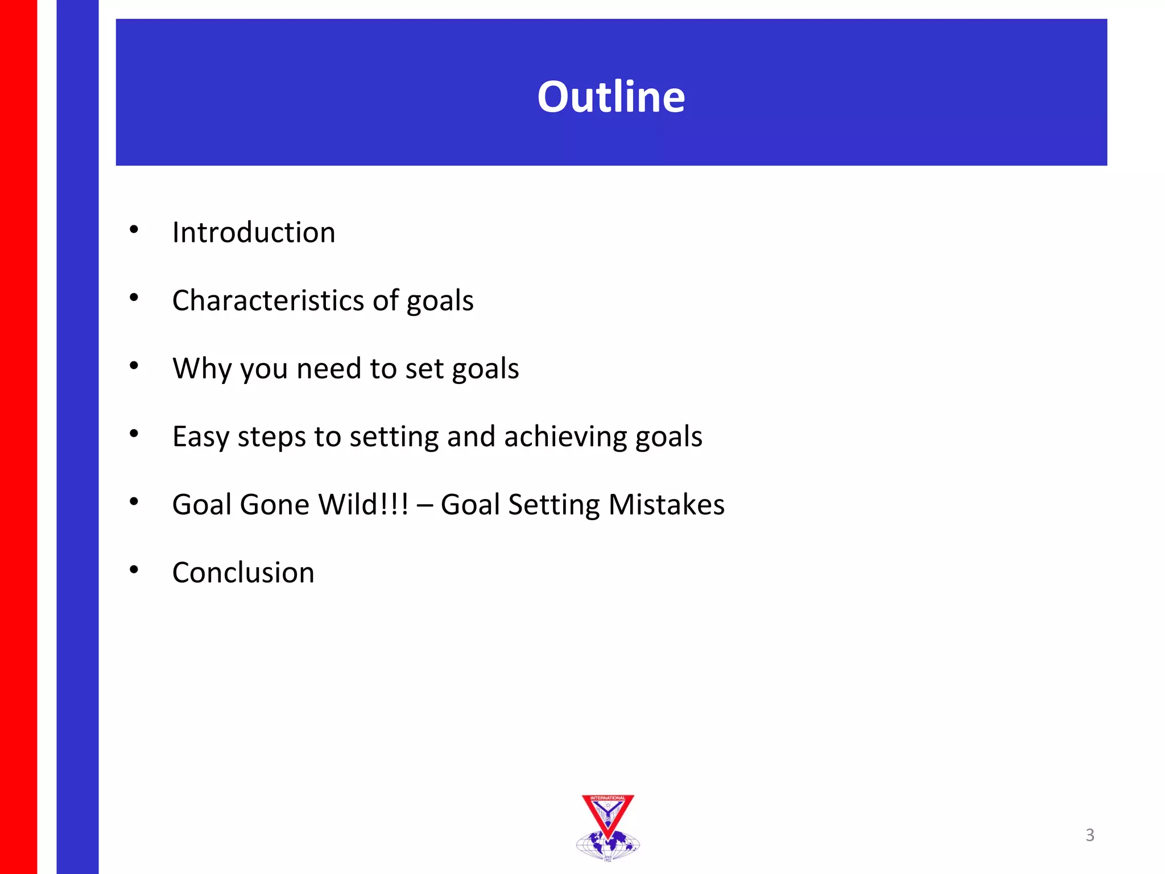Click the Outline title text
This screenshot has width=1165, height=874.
611,97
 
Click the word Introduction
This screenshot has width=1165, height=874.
254,233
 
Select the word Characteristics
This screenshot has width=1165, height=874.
267,300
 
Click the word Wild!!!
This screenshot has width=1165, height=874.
363,505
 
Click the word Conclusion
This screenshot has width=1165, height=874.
243,572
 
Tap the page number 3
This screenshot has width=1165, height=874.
1089,835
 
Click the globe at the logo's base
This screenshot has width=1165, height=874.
608,844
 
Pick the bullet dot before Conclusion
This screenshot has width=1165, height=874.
134,570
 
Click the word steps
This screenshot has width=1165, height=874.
271,438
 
